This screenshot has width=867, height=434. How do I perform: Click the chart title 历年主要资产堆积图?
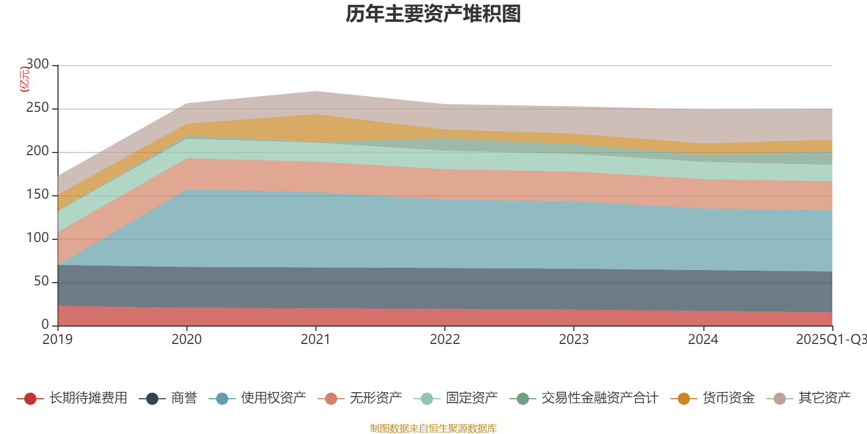(x=433, y=14)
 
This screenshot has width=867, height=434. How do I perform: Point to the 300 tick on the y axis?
(x=37, y=65)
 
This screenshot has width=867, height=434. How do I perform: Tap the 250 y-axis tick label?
(x=37, y=108)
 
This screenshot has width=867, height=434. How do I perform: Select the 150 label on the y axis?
(x=37, y=195)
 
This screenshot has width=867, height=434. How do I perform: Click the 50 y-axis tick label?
(x=41, y=282)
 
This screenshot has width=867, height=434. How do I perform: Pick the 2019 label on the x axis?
(x=57, y=340)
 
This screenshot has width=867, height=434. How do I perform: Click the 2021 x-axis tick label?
(x=315, y=340)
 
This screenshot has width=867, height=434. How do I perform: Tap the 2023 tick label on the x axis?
(x=574, y=340)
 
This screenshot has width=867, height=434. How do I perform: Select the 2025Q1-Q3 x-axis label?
(x=830, y=340)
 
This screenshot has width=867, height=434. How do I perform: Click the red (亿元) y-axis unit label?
(x=24, y=79)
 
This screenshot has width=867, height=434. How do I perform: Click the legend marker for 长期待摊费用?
(x=30, y=399)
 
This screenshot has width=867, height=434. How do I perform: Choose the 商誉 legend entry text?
(x=184, y=398)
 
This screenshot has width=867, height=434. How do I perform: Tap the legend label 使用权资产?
(x=273, y=398)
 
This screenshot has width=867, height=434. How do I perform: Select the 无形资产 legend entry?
(x=376, y=398)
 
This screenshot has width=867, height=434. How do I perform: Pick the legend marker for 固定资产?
(x=427, y=399)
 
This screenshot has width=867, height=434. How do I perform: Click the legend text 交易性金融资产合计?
(x=599, y=398)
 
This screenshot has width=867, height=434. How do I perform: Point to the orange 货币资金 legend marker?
(x=684, y=399)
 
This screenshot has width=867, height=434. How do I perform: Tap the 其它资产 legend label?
(x=824, y=398)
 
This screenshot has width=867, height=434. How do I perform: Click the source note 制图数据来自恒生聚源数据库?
(x=433, y=429)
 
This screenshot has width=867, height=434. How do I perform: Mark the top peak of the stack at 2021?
(x=315, y=91)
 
